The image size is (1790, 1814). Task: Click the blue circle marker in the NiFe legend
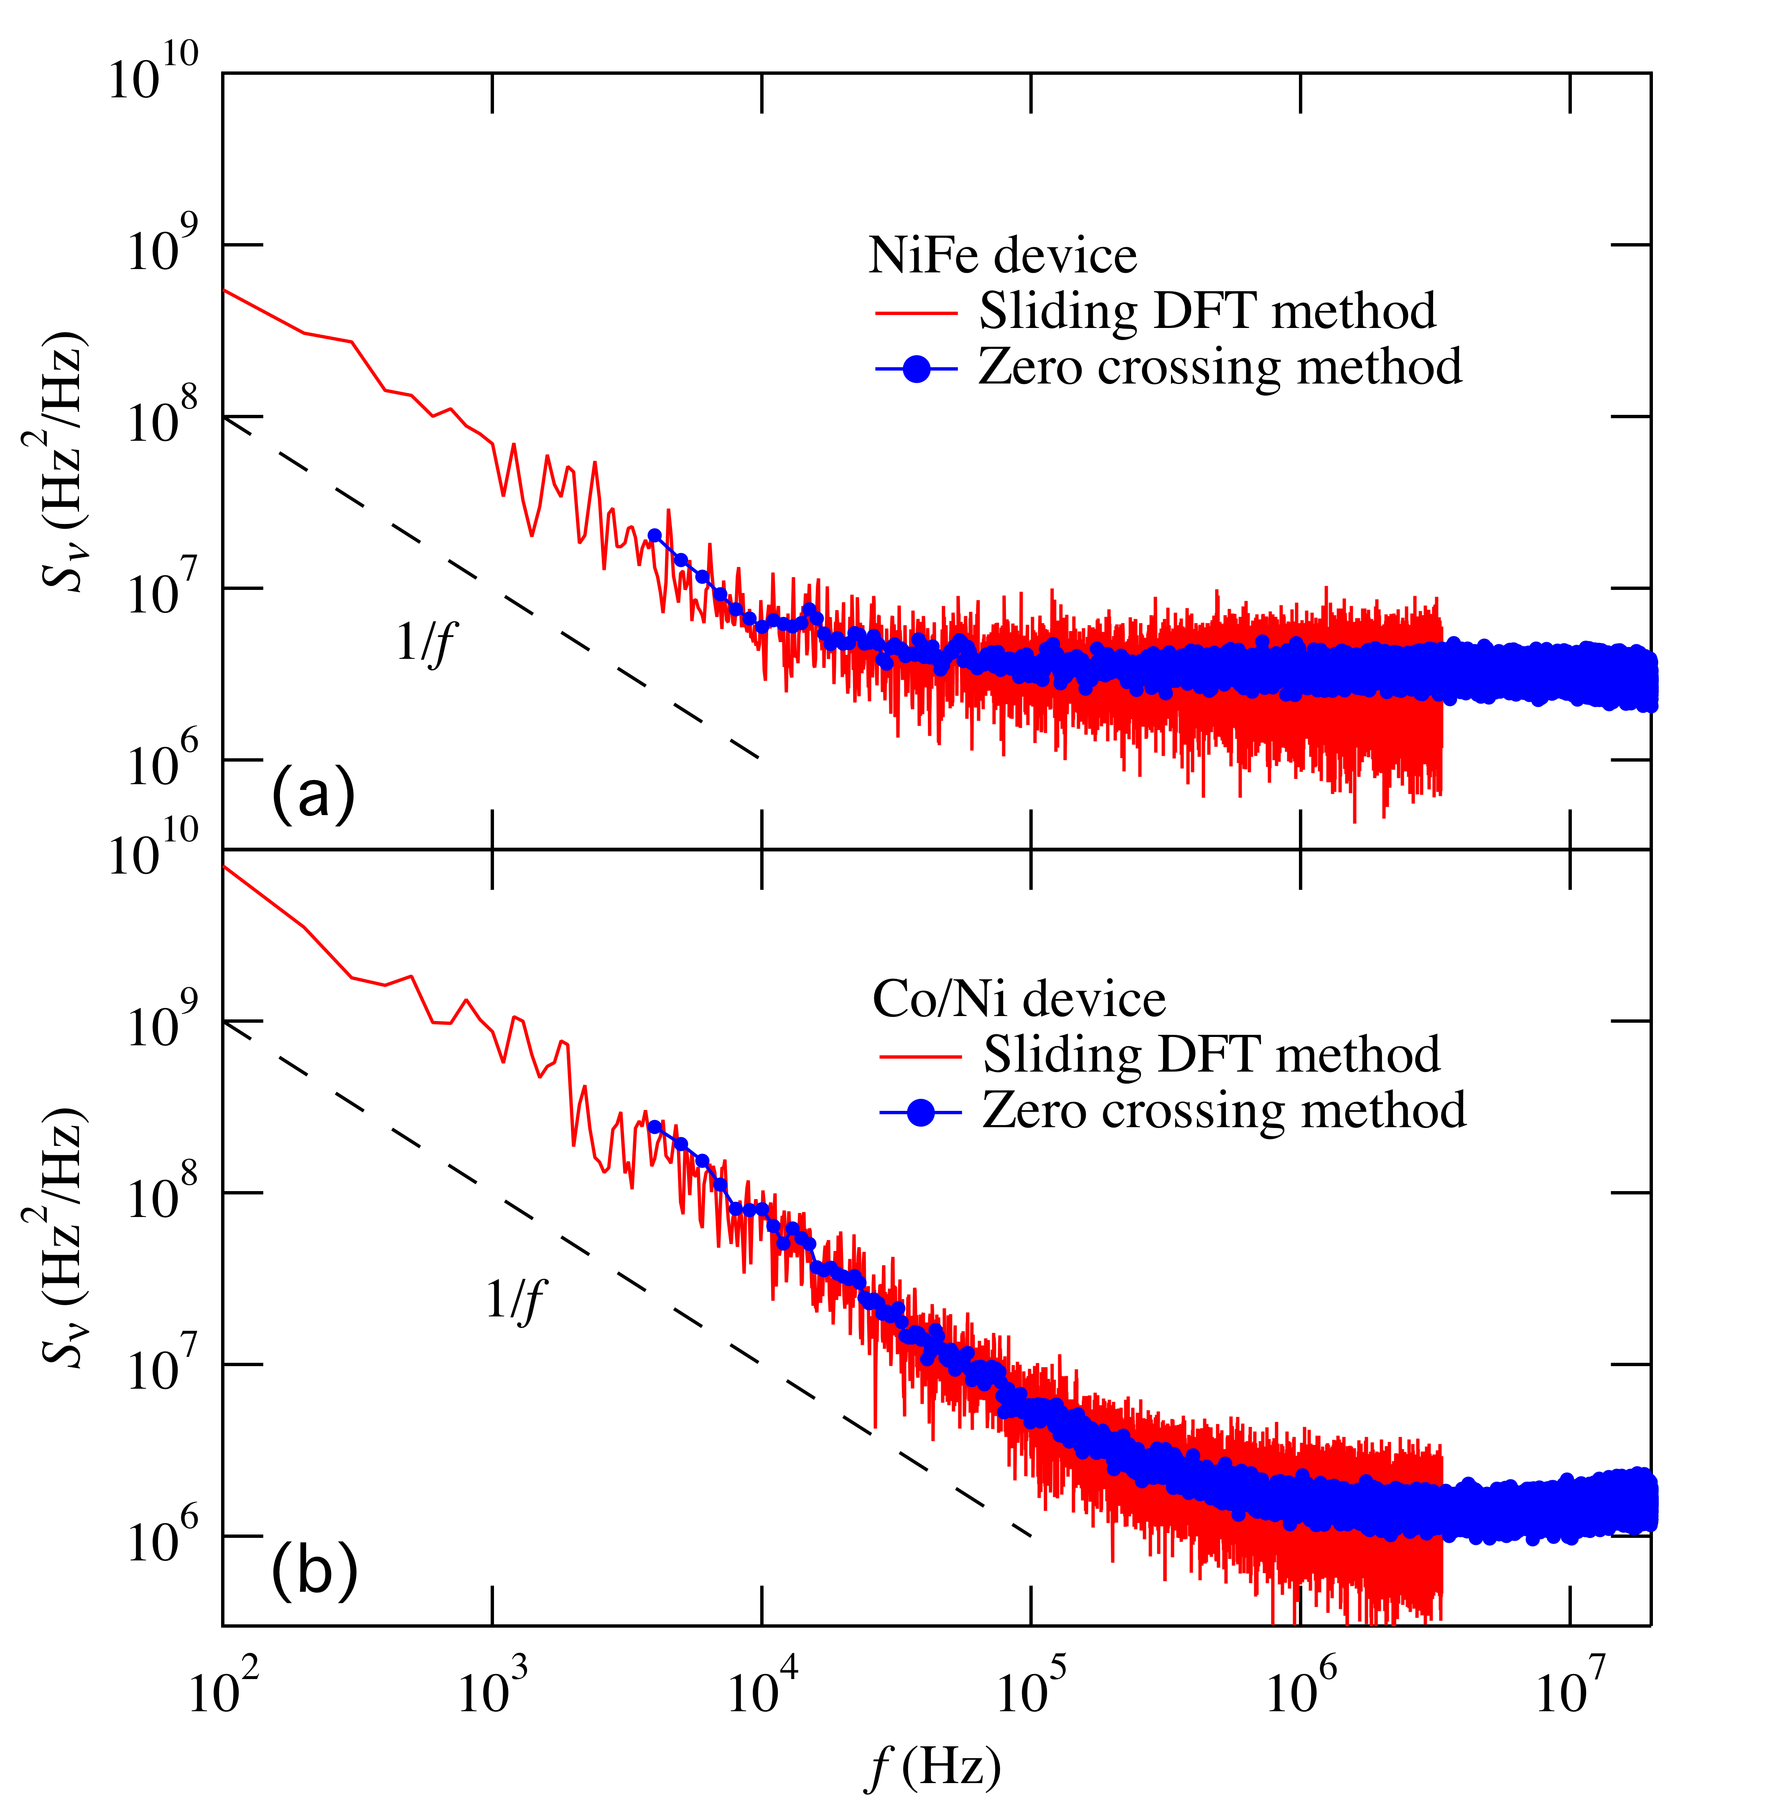[x=916, y=369]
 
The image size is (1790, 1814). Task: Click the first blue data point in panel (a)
[x=654, y=535]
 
